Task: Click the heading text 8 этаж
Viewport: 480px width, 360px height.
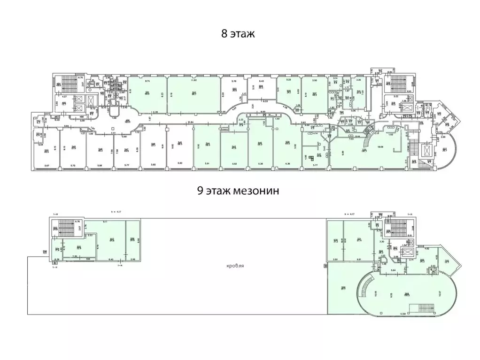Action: click(238, 34)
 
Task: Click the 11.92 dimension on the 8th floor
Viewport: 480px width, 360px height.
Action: click(193, 81)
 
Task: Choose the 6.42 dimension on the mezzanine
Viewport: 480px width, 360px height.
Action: click(111, 259)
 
